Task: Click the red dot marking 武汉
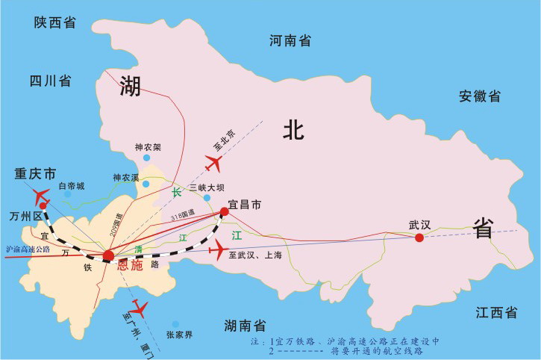(419, 238)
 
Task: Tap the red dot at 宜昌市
(225, 213)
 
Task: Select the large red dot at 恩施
(109, 256)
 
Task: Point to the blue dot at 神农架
(147, 158)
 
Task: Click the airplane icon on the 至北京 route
(214, 161)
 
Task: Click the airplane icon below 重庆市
(42, 196)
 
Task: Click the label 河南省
(290, 41)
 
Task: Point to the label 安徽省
(480, 96)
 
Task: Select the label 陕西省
(55, 22)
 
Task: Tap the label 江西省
(496, 312)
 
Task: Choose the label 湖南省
(246, 325)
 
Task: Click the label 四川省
(50, 80)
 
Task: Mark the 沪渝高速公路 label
(28, 249)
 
